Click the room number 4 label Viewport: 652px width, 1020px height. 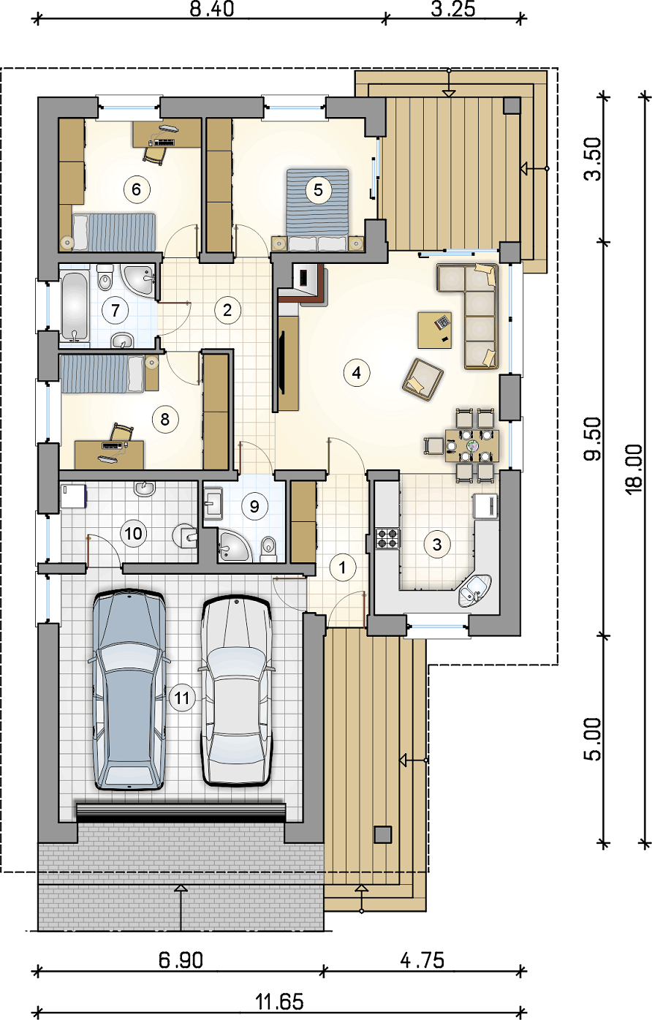pyautogui.click(x=357, y=373)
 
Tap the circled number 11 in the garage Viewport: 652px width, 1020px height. pyautogui.click(x=182, y=698)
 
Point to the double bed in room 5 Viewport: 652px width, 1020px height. pyautogui.click(x=317, y=209)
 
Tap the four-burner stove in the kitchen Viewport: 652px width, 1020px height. pyautogui.click(x=387, y=538)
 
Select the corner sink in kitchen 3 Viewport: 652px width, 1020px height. pyautogui.click(x=475, y=591)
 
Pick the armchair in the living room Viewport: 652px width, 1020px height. pyautogui.click(x=422, y=379)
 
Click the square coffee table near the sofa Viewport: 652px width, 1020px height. pyautogui.click(x=435, y=330)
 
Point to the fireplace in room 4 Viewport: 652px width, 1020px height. pyautogui.click(x=303, y=284)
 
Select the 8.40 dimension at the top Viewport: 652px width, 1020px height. pyautogui.click(x=212, y=9)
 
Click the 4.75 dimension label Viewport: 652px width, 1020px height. pyautogui.click(x=422, y=961)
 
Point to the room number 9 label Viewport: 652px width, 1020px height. pyautogui.click(x=254, y=506)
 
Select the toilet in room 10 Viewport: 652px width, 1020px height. pyautogui.click(x=185, y=535)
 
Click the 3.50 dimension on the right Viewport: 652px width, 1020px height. pyautogui.click(x=593, y=159)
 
